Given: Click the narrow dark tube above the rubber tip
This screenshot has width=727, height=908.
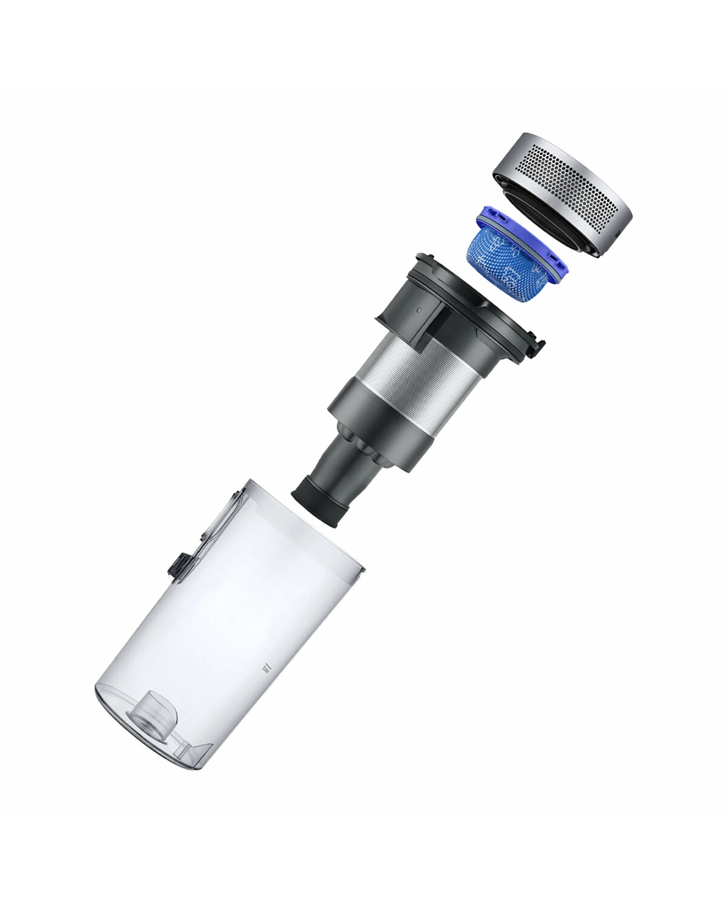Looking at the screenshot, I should coord(346,472).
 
